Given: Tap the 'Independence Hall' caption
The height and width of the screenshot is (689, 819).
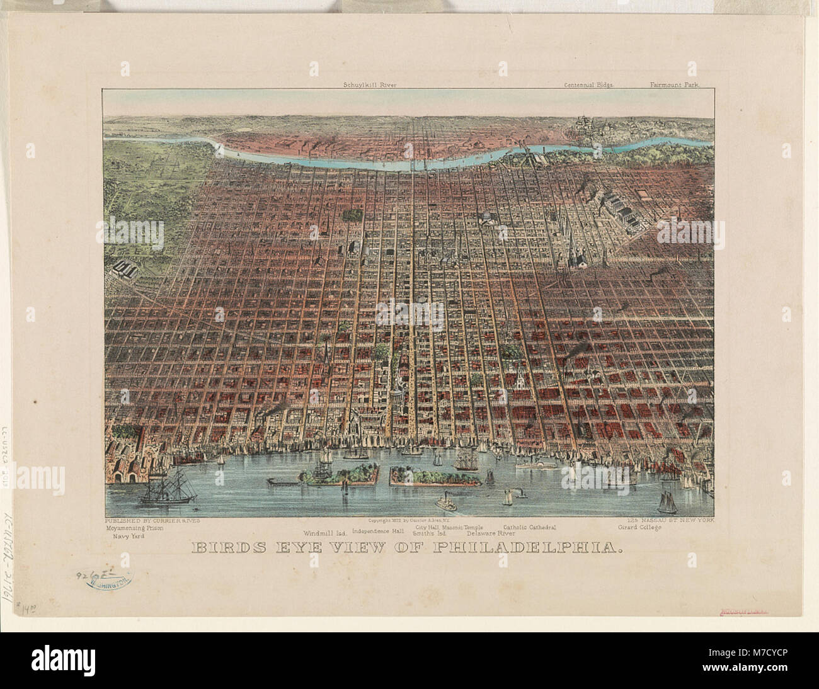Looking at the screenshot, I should coord(378,530).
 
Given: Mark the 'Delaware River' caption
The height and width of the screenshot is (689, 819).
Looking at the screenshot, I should coord(491,533).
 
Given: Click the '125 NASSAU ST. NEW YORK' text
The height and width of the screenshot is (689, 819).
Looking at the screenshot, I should coord(667,521).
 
